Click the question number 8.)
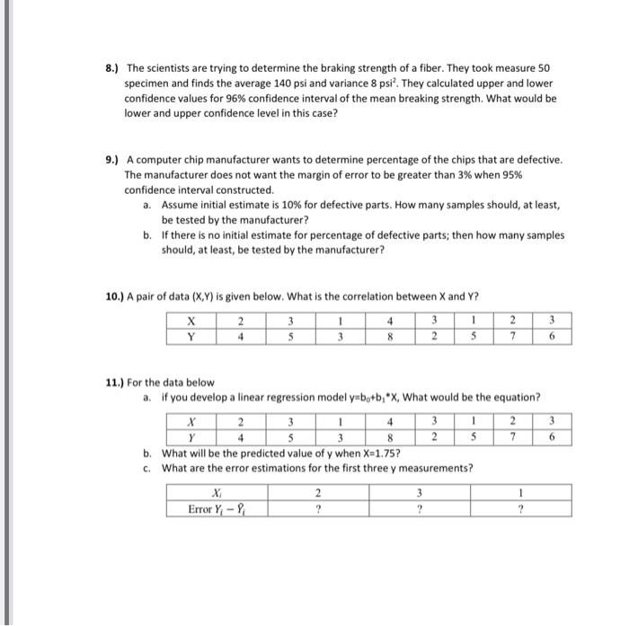pos(112,68)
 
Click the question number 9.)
pos(112,160)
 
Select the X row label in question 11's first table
pos(190,420)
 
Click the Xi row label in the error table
pos(215,492)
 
